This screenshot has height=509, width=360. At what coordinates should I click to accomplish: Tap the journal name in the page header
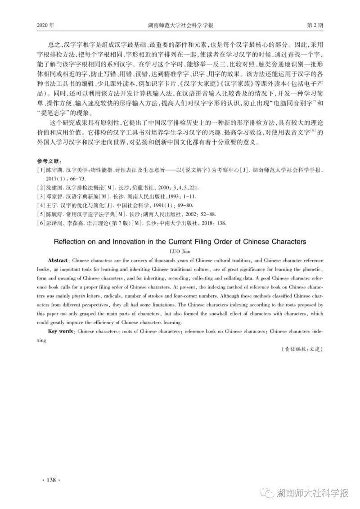coord(180,26)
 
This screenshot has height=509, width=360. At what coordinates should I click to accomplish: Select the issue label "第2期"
coord(315,26)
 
